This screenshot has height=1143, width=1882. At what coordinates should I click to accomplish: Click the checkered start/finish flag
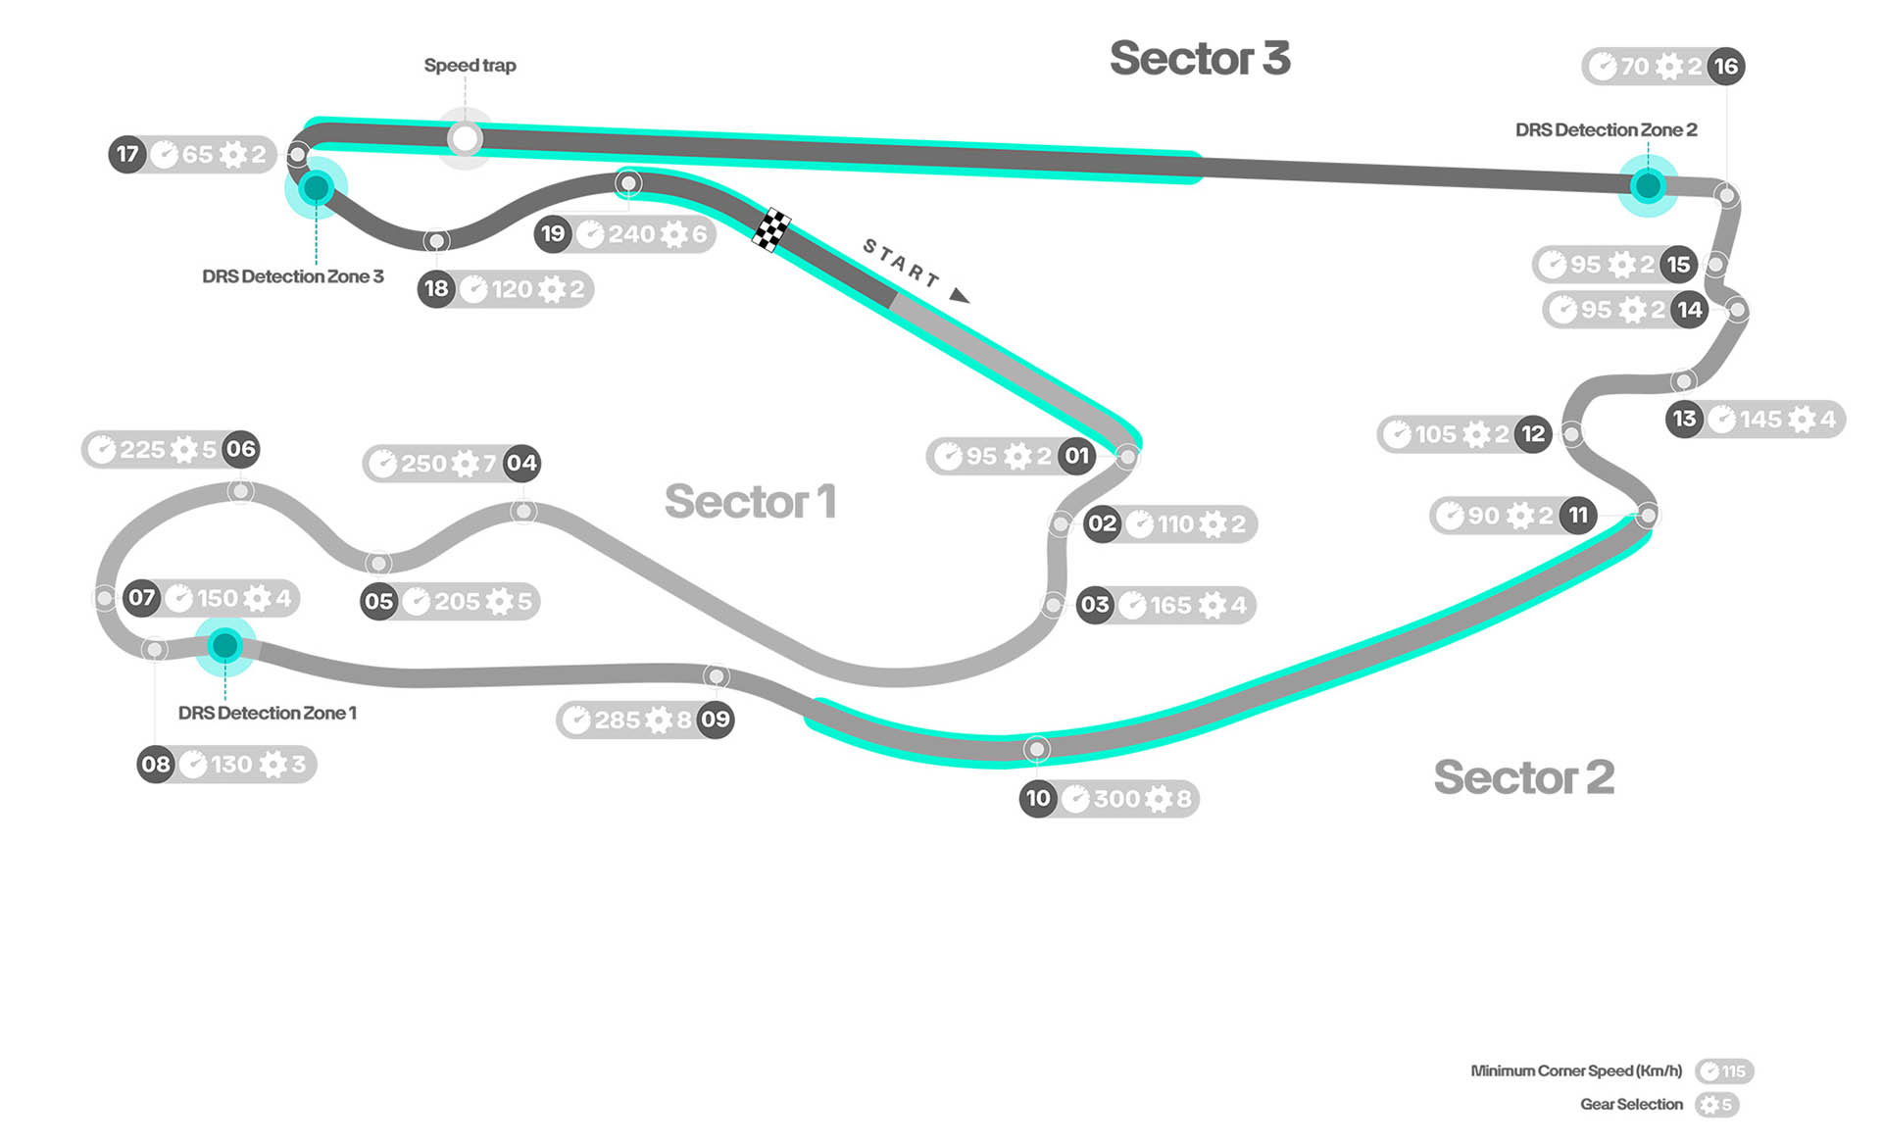(x=772, y=229)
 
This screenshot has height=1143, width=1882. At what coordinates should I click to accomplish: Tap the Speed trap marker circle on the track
(x=465, y=138)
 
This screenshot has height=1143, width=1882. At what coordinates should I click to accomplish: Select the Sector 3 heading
(x=1200, y=59)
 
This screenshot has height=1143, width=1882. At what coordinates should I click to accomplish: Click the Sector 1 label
(x=750, y=502)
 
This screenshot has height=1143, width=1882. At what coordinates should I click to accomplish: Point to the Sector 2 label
(x=1523, y=777)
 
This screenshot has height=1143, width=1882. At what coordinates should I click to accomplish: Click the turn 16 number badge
(x=1725, y=67)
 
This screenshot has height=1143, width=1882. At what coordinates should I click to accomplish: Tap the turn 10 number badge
(x=1038, y=799)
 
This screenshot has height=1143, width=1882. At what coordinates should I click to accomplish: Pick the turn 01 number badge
(x=1077, y=456)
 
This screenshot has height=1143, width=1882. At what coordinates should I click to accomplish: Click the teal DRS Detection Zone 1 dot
(x=225, y=645)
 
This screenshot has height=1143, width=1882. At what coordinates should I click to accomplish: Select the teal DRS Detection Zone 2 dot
(x=1648, y=185)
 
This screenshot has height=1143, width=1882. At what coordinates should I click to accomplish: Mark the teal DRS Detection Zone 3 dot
(x=316, y=187)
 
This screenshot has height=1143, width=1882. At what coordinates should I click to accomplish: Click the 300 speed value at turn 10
(x=1116, y=799)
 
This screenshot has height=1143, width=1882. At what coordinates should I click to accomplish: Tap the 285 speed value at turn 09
(x=618, y=721)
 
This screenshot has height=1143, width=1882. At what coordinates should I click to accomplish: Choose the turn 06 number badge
(x=241, y=450)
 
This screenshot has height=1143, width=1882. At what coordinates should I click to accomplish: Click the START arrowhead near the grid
(x=960, y=295)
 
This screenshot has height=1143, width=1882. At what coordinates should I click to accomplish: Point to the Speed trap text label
(x=470, y=66)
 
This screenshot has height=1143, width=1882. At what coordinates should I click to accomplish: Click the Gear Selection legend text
(x=1631, y=1105)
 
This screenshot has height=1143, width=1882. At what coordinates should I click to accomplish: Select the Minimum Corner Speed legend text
(x=1576, y=1071)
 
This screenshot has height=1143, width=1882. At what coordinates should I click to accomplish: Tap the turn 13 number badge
(x=1684, y=420)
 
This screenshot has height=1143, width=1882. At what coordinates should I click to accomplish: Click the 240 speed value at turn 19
(x=631, y=234)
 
